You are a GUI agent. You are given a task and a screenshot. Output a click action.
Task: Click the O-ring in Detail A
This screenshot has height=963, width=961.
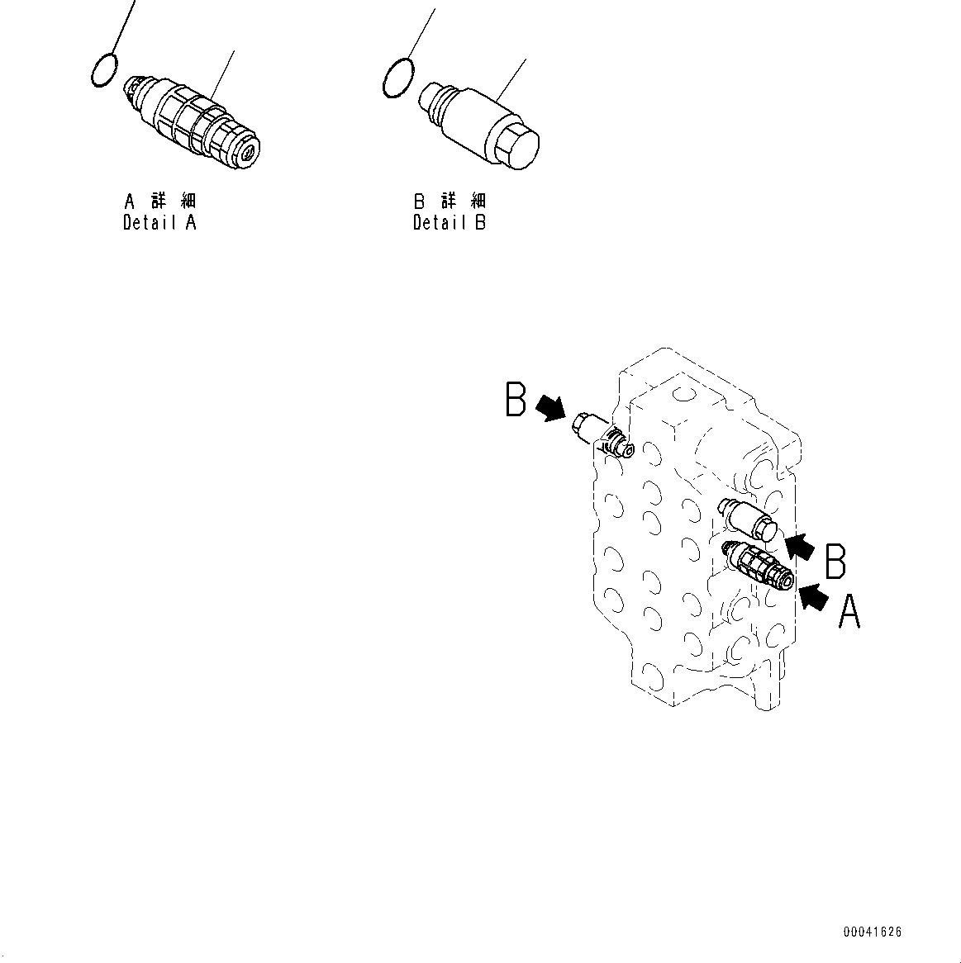click(104, 69)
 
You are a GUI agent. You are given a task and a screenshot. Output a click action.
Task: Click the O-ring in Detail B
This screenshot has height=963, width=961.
click(397, 77)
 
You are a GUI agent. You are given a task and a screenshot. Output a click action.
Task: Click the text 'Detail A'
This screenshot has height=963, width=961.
click(159, 222)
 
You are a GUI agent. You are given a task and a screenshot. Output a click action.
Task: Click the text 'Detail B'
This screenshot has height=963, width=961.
click(450, 222)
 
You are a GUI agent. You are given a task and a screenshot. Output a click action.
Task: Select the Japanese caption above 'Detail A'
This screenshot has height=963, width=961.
click(159, 202)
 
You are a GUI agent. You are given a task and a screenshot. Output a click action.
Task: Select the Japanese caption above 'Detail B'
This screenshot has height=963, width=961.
click(450, 202)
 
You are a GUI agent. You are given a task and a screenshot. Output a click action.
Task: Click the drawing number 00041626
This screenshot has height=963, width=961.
click(872, 932)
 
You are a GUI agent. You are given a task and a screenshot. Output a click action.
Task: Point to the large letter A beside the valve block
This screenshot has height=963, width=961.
click(849, 614)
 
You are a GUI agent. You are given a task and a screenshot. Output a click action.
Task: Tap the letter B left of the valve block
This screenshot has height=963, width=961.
click(516, 400)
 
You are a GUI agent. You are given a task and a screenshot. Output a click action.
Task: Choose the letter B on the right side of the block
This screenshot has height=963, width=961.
click(835, 561)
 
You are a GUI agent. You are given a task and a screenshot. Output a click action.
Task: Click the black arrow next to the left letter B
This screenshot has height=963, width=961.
click(550, 406)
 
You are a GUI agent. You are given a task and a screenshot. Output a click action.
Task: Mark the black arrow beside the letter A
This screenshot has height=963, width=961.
click(815, 596)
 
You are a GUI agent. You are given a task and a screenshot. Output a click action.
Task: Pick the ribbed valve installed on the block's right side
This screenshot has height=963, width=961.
click(759, 566)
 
